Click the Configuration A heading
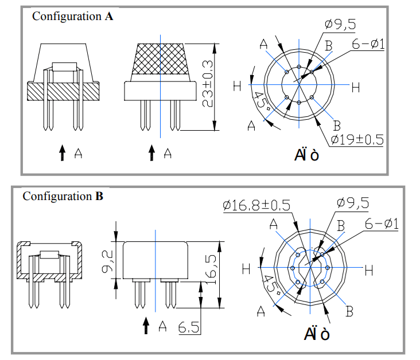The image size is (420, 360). tap(72, 16)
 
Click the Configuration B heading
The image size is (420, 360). tap(63, 197)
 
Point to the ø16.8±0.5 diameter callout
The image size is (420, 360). tap(255, 205)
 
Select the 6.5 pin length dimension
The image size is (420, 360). tap(188, 328)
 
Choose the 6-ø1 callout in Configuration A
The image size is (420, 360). tap(368, 45)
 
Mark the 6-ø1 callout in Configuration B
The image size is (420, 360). tap(382, 223)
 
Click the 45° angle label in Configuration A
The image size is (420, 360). tap(260, 102)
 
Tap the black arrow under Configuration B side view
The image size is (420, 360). tap(146, 326)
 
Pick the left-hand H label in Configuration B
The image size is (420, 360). tap(246, 268)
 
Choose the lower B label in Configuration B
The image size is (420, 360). tap(348, 311)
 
